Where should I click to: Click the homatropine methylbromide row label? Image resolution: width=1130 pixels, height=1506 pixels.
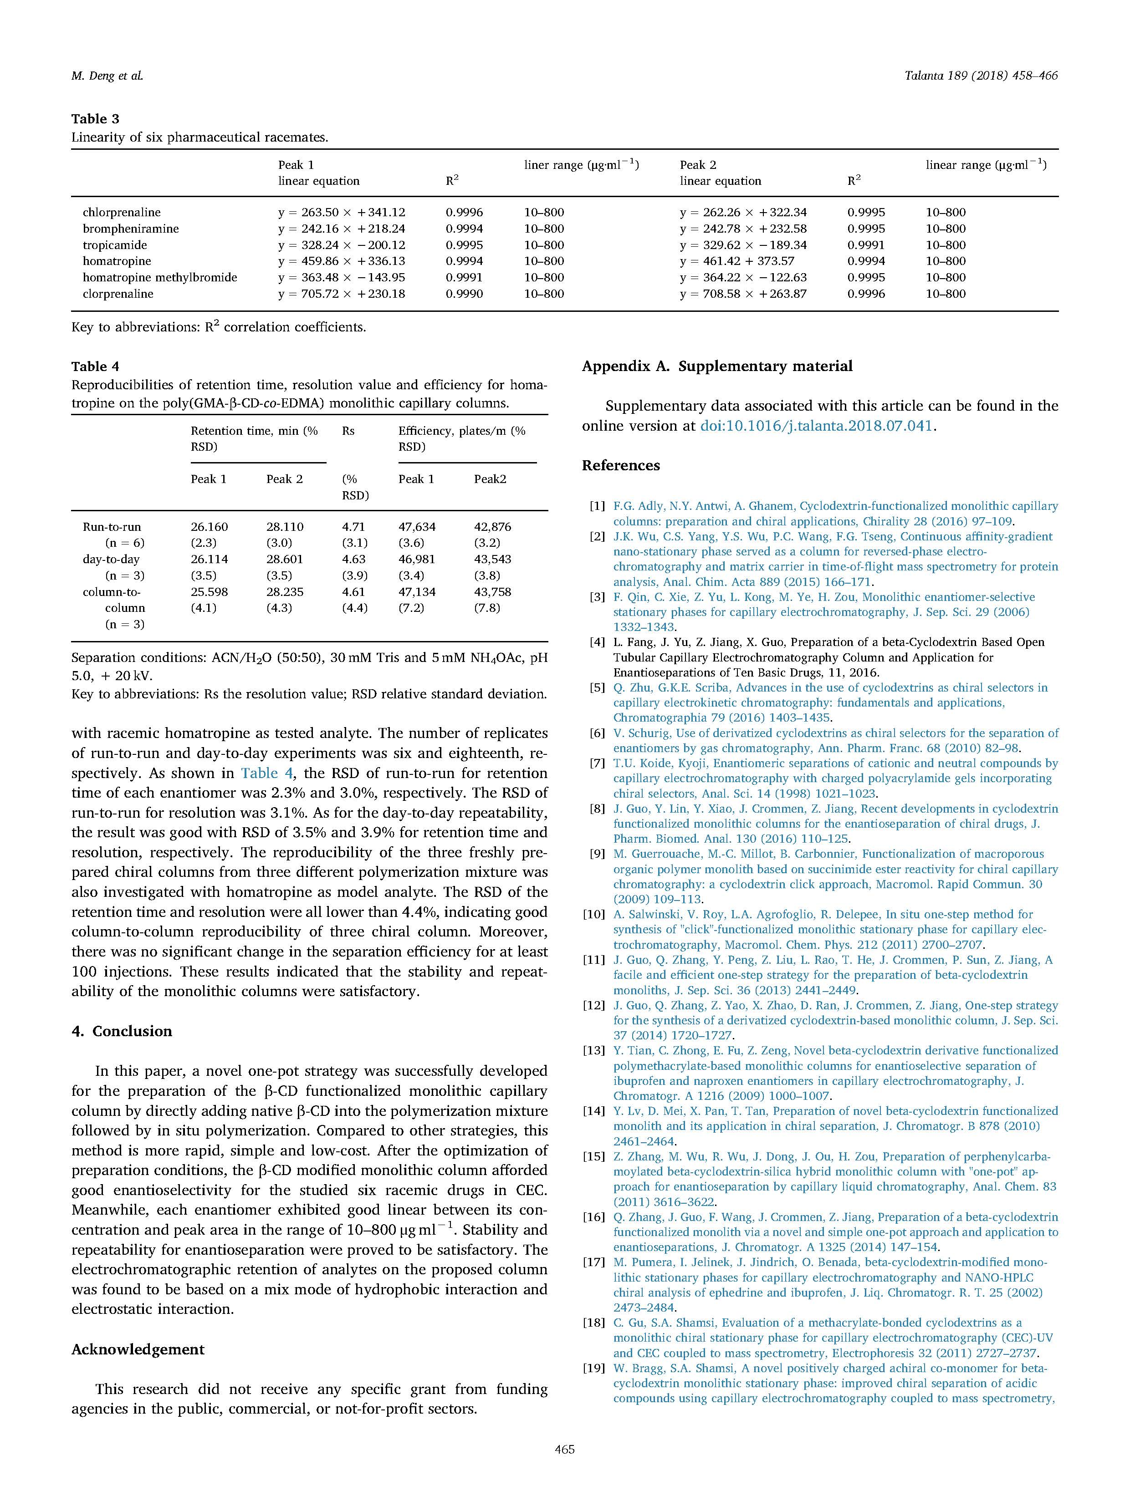159,278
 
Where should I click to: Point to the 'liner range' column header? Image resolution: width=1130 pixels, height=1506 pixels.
581,165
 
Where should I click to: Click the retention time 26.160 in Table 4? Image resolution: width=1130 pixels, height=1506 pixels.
209,527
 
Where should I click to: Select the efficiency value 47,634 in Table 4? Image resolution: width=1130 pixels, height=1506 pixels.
416,527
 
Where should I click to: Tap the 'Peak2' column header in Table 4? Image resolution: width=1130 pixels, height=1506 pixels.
490,479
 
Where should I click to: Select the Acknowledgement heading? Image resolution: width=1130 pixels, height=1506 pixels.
138,1349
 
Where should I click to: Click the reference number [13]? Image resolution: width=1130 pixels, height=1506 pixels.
593,1051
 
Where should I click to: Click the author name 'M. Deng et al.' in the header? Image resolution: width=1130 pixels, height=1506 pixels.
107,76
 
